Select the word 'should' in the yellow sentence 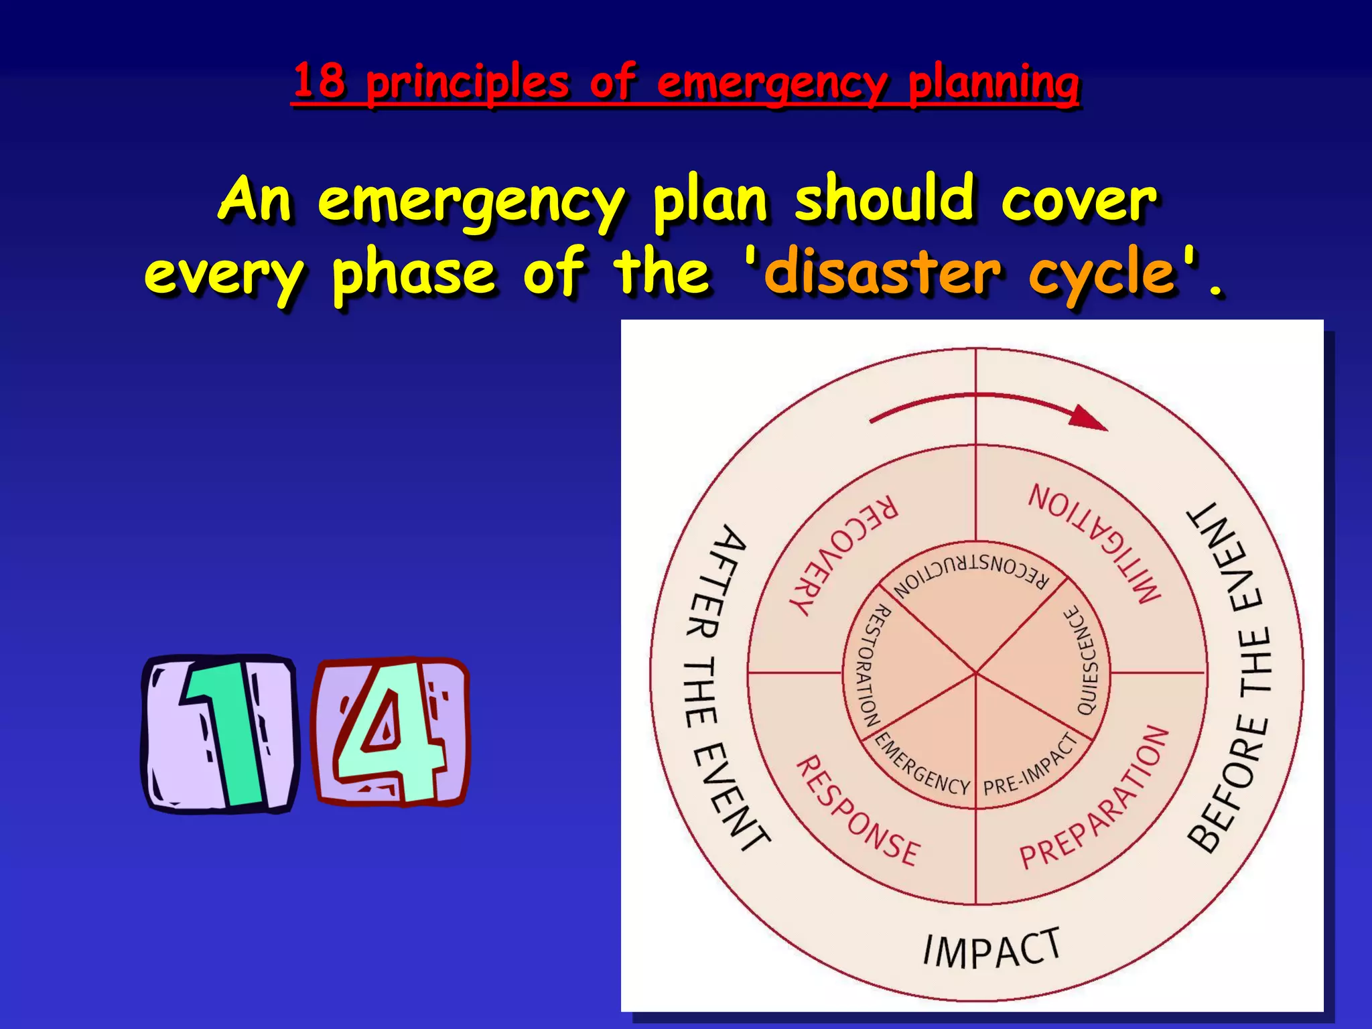click(884, 198)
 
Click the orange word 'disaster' click(882, 272)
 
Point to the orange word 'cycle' click(1103, 275)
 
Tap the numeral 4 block click(391, 732)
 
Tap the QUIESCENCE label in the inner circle click(1086, 660)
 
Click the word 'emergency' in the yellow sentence click(471, 201)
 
